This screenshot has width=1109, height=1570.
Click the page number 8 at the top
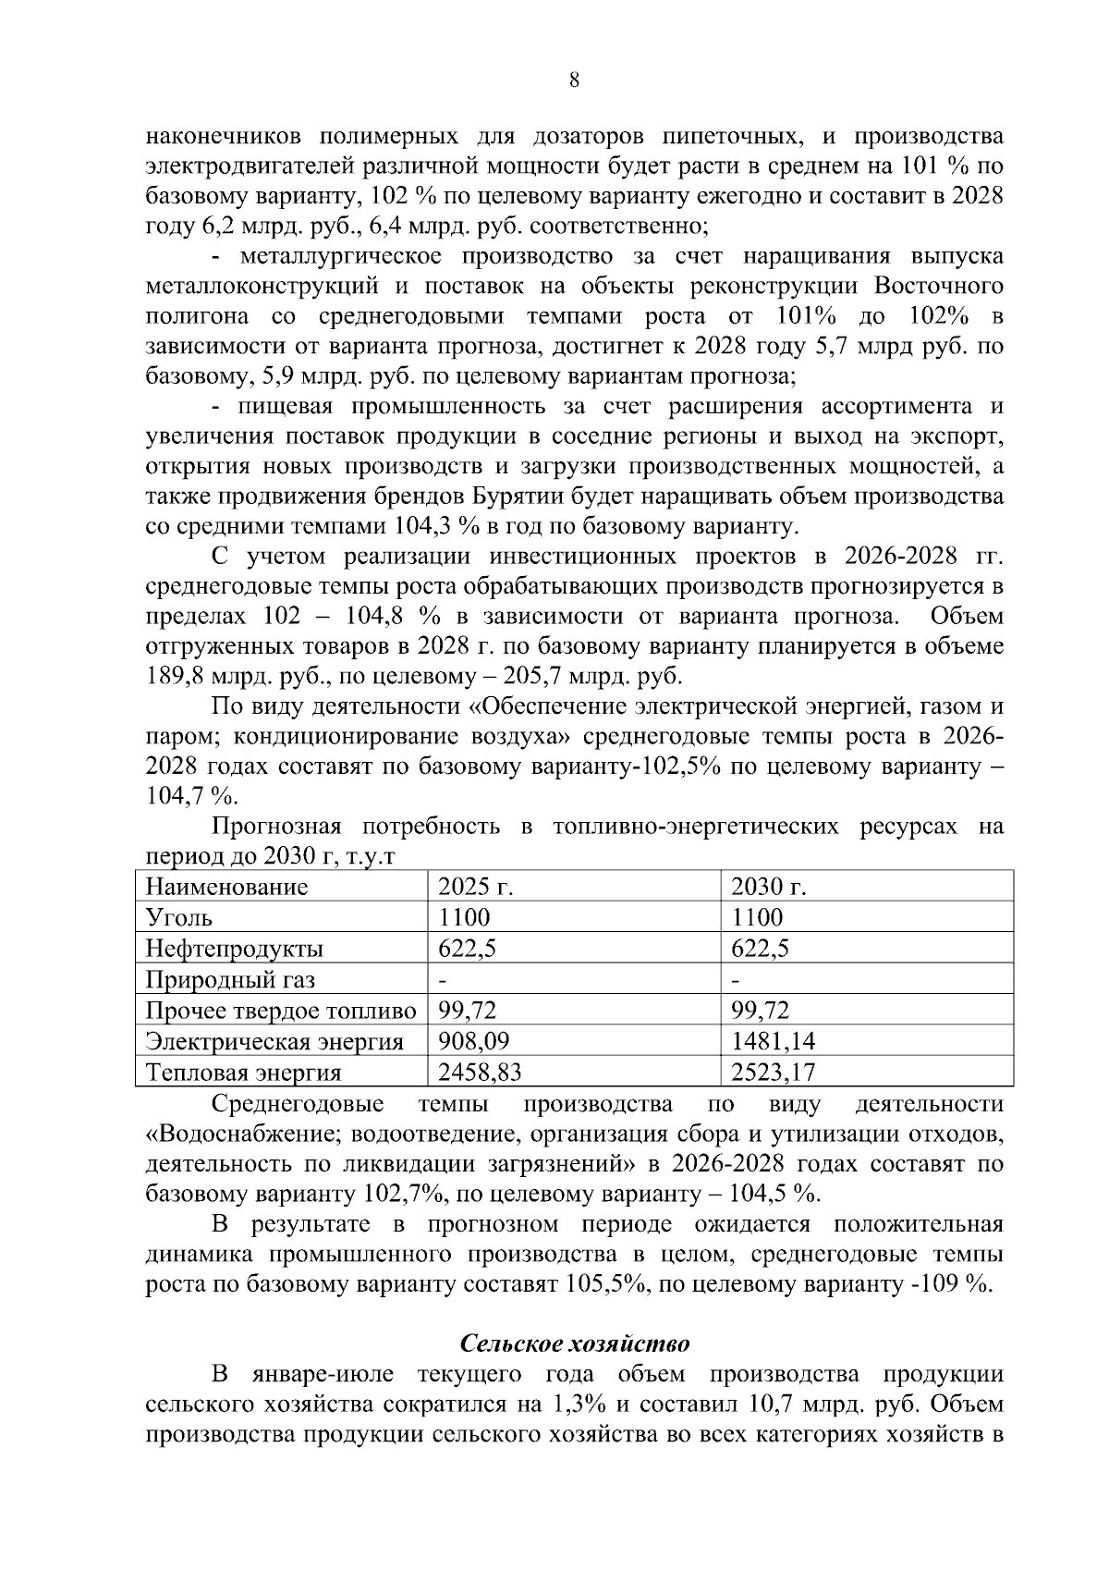[x=574, y=80]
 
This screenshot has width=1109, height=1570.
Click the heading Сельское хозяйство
[x=575, y=1343]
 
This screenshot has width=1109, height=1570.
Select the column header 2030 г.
[x=768, y=888]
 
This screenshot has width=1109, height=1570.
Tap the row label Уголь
[x=179, y=918]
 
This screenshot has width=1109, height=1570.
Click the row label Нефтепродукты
[x=235, y=949]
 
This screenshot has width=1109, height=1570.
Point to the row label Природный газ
[x=230, y=979]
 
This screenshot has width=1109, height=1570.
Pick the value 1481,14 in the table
[x=773, y=1042]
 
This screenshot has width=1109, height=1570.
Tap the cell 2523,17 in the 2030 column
[x=773, y=1073]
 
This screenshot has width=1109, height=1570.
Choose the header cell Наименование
[x=226, y=888]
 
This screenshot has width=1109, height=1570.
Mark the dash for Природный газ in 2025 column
[x=443, y=979]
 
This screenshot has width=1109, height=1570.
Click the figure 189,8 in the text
[x=174, y=676]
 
